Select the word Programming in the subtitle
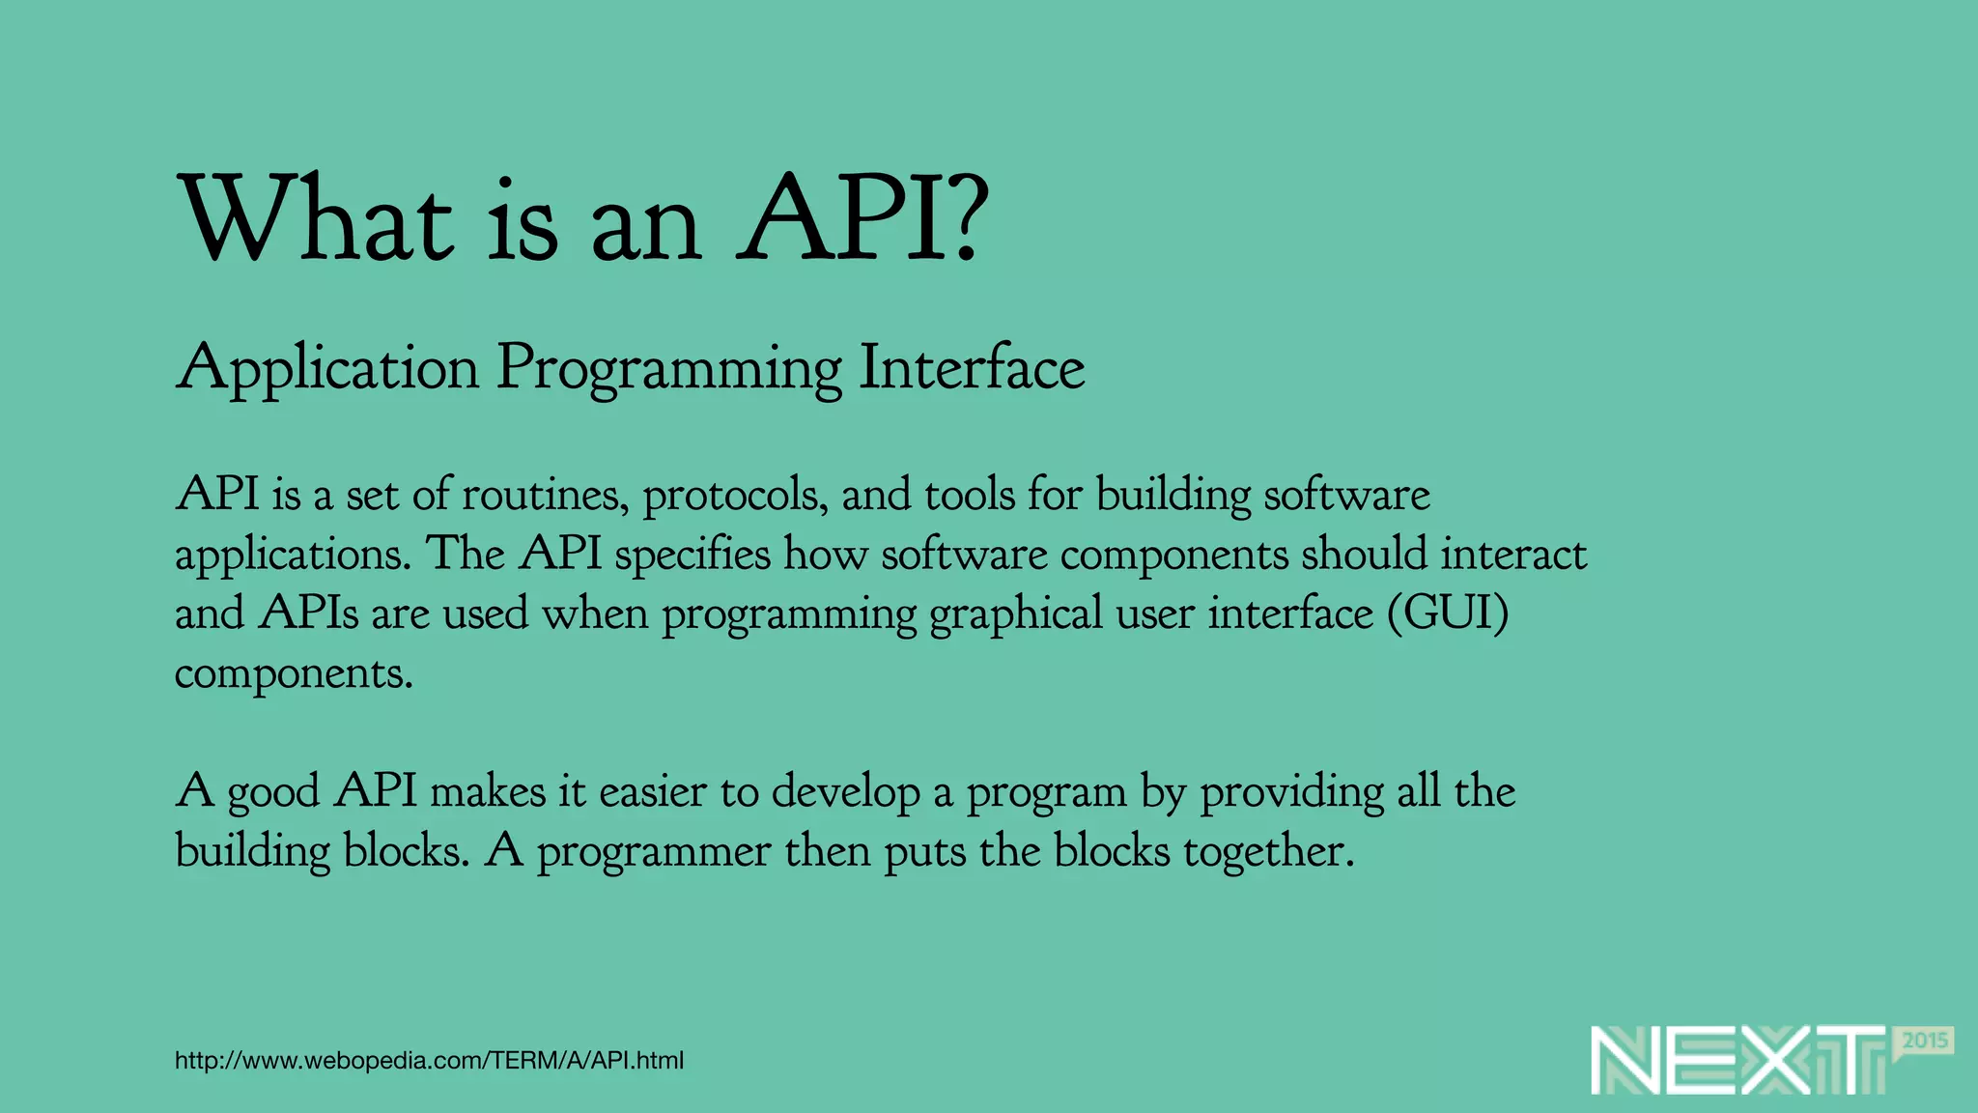668,369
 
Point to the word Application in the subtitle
327,369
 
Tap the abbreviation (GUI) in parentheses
1448,614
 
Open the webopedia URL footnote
429,1061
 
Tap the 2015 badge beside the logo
1925,1042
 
